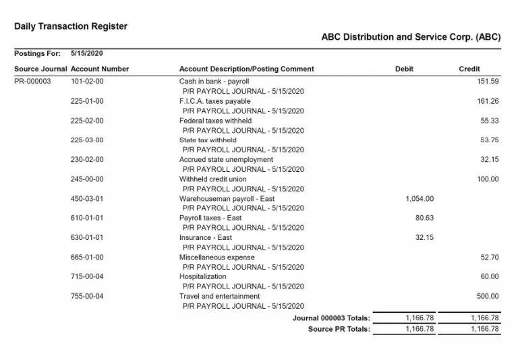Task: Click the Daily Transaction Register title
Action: [71, 26]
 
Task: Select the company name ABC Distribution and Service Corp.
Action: [411, 38]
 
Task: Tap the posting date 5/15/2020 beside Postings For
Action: [87, 53]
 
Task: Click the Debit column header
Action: [404, 69]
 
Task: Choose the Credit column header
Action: [469, 69]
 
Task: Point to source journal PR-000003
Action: [32, 82]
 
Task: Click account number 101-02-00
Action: [87, 82]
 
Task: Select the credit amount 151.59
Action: [488, 82]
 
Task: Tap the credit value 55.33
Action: [490, 121]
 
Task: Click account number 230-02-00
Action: [87, 160]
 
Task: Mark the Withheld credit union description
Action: [212, 179]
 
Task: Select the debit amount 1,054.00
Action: [420, 199]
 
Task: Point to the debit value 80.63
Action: [424, 218]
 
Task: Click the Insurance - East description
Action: [205, 237]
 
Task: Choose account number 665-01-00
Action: [87, 257]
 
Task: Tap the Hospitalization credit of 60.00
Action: [490, 276]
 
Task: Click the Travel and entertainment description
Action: [219, 296]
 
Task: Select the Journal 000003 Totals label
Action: [331, 318]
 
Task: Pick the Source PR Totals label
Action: [339, 329]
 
